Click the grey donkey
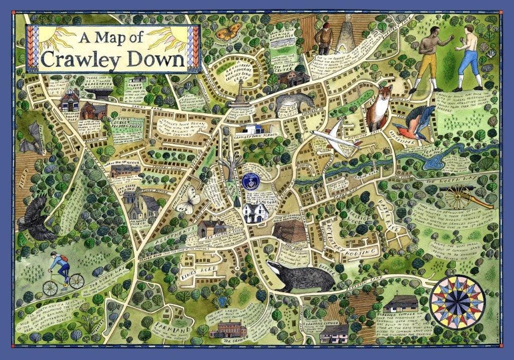click(293, 104)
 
